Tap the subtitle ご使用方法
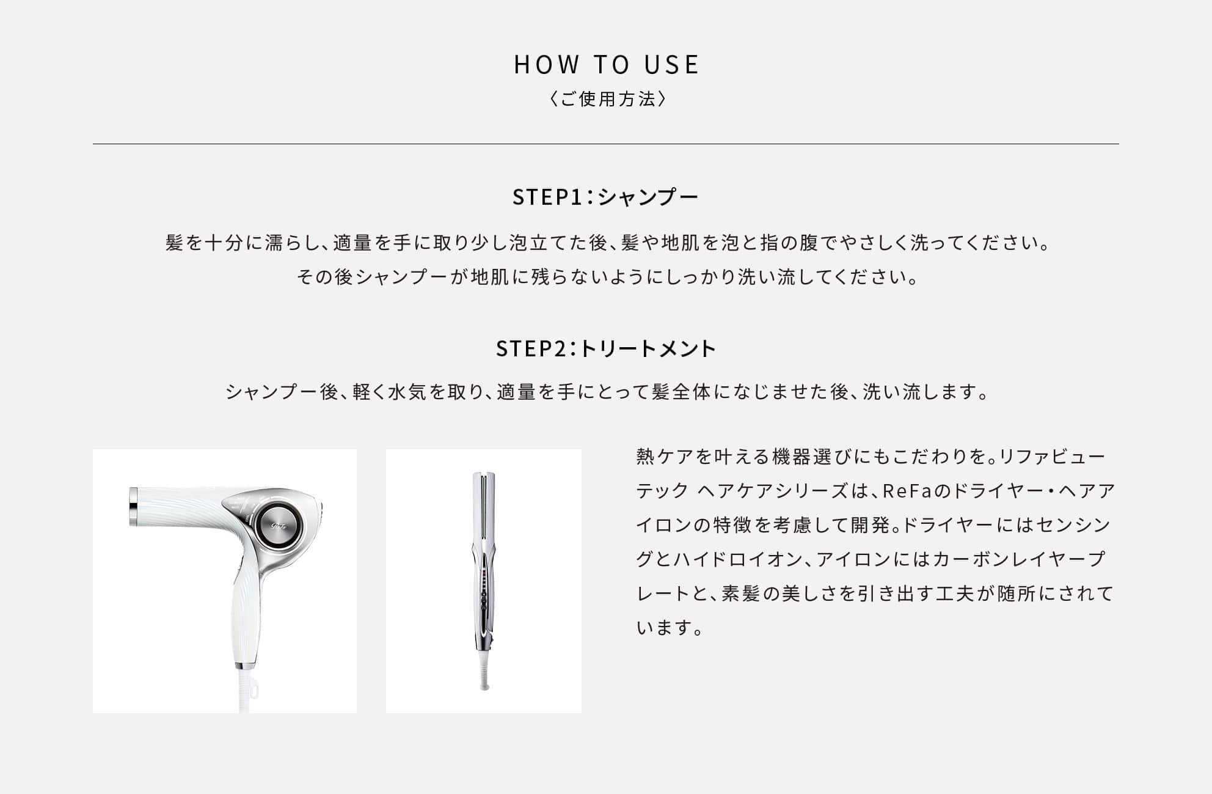[x=606, y=99]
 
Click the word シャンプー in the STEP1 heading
[x=648, y=197]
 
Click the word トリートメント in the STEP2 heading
[x=648, y=348]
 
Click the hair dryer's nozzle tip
[x=133, y=506]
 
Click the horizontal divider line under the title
[x=606, y=144]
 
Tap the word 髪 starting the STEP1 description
[x=174, y=243]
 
